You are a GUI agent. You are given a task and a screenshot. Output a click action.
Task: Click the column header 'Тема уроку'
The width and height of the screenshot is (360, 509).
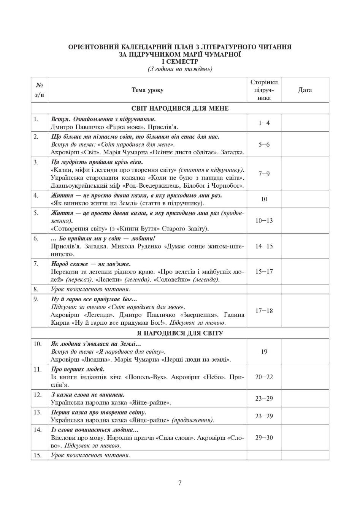point(147,90)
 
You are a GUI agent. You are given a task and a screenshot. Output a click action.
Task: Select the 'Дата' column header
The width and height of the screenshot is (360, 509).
point(305,90)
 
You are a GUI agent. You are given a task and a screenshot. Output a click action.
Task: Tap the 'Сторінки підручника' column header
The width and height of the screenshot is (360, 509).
point(264,90)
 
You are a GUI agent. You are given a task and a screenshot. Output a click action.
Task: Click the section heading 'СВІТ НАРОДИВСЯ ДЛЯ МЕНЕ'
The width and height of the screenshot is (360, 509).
point(180,108)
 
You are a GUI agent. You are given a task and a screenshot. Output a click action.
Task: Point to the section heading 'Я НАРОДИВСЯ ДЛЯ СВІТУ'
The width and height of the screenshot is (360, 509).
point(180,333)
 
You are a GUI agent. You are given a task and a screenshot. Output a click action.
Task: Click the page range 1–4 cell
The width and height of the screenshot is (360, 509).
point(264,123)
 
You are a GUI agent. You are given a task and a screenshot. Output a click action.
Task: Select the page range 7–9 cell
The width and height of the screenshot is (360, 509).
point(264,174)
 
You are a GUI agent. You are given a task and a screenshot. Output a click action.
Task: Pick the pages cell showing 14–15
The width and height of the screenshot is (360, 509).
point(264,246)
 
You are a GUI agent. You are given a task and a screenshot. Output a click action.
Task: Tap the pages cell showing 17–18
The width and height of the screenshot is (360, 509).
point(264,311)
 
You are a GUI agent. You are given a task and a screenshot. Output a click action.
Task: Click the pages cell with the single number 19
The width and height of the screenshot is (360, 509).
point(264,352)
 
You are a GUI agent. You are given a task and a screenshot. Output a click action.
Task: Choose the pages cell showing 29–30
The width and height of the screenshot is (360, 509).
point(264,438)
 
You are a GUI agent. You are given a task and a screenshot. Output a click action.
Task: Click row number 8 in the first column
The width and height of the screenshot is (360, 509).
point(36,289)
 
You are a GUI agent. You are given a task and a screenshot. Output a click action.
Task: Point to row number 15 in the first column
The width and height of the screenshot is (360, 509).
point(37,455)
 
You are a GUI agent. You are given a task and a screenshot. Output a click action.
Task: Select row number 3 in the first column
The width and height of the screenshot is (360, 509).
point(36,162)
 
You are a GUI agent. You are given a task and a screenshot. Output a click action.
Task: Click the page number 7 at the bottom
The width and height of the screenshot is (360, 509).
point(180,483)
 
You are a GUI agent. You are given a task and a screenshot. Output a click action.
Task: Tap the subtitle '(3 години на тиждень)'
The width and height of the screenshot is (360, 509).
point(180,69)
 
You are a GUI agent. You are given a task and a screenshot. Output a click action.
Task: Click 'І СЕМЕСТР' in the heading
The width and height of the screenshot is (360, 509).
point(180,62)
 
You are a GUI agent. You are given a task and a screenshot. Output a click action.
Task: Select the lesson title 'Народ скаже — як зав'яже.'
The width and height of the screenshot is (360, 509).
point(91,264)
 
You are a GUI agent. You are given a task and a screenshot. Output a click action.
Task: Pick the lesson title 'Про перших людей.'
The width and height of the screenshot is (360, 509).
point(78,369)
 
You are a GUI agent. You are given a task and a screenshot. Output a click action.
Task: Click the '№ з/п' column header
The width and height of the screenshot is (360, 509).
point(39,90)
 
